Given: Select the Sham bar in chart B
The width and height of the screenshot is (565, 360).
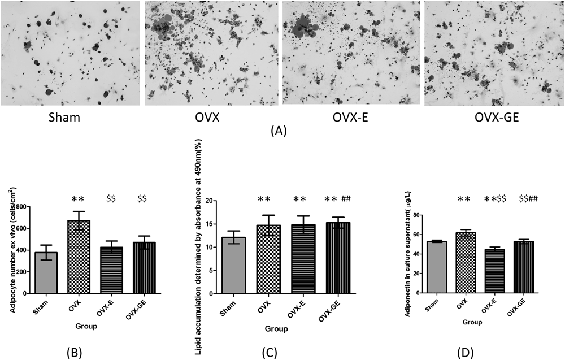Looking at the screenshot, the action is point(46,273).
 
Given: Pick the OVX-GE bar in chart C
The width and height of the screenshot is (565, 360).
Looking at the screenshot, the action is point(338,258).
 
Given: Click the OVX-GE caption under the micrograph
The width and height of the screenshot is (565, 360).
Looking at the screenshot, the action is point(497,118).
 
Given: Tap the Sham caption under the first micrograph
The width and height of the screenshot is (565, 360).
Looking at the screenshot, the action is point(64,118).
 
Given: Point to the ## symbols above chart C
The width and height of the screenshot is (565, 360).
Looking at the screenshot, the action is point(346,198).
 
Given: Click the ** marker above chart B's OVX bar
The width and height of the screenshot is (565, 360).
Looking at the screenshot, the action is point(78,199).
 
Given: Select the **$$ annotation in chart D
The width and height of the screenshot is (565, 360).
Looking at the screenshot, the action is point(496,198).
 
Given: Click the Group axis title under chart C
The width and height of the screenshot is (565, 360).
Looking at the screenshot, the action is point(276,329).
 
